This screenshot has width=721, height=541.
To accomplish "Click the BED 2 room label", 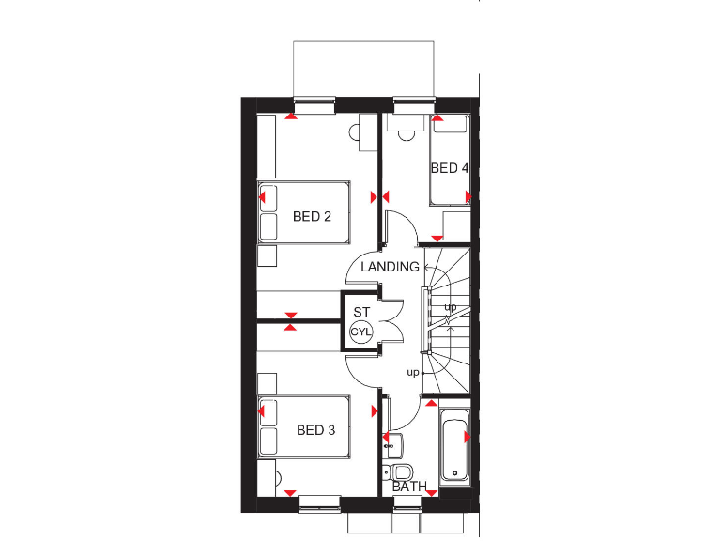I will click(312, 217).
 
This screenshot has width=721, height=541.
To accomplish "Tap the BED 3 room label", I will click(315, 431).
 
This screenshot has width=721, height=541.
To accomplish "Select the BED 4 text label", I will click(449, 169).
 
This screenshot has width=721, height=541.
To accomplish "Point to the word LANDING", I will click(390, 267).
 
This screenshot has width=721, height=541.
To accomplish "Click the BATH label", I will click(409, 487).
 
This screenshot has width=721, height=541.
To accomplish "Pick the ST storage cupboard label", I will click(361, 313).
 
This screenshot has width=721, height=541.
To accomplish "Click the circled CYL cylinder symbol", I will click(361, 332).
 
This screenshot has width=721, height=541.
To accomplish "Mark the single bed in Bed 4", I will click(449, 160).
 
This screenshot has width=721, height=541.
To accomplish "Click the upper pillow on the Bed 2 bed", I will click(268, 197).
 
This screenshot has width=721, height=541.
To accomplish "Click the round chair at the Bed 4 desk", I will click(406, 132).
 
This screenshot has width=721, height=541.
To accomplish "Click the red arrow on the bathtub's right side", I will click(467, 437).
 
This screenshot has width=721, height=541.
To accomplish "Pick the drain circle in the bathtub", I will click(454, 472).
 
